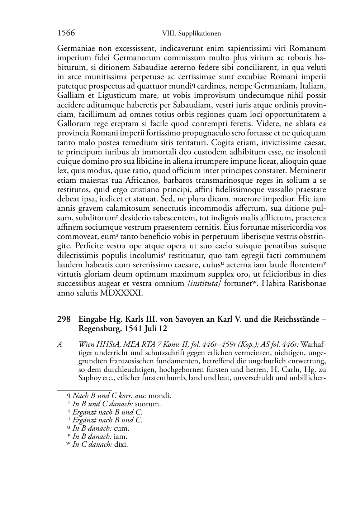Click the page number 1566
(x=66, y=33)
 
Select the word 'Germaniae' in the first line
(x=75, y=48)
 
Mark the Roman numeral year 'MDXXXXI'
(x=122, y=293)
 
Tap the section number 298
(x=63, y=319)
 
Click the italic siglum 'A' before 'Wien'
(x=60, y=345)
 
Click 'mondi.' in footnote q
(x=160, y=396)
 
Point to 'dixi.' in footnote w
(x=121, y=445)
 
